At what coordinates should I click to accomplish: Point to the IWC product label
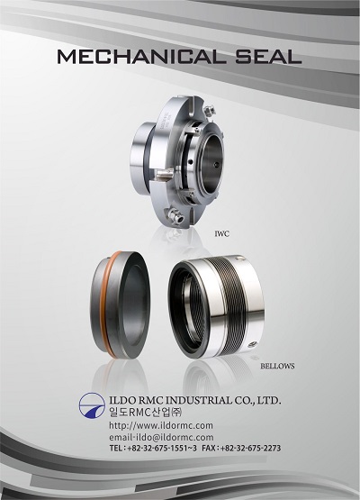(221, 234)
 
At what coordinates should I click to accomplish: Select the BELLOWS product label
(277, 366)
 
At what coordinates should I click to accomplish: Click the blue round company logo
(92, 405)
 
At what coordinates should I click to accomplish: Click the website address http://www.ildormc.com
(161, 425)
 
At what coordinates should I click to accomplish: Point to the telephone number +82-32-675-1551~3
(162, 448)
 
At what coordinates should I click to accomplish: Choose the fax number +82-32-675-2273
(250, 448)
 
